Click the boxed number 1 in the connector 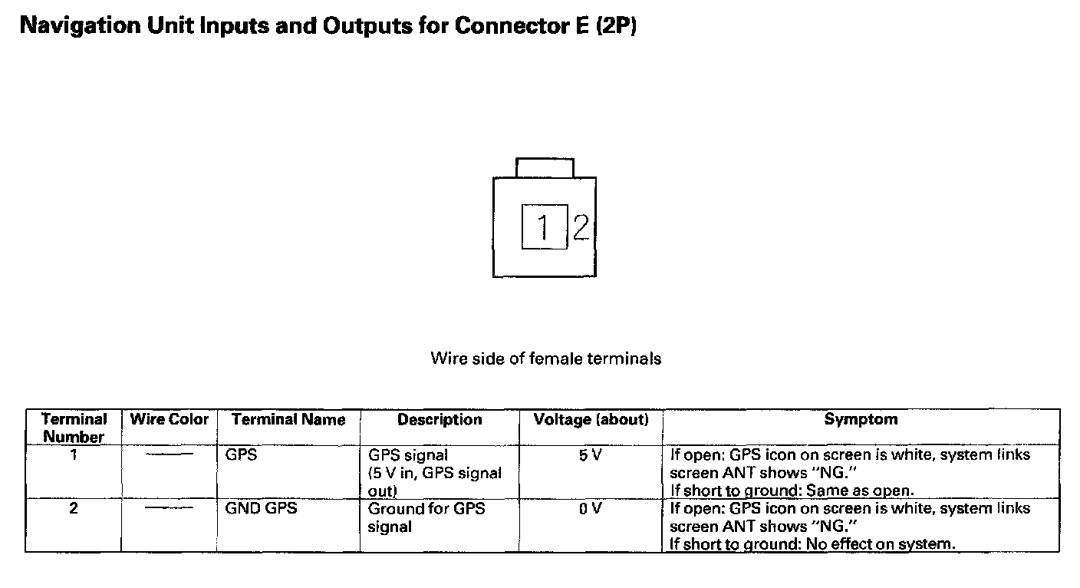tap(545, 226)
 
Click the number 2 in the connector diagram tap(581, 226)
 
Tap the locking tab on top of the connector tap(545, 167)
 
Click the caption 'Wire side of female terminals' tap(545, 358)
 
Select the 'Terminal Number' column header tap(74, 428)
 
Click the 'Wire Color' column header tap(170, 419)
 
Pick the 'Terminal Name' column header tap(288, 419)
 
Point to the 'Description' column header tap(440, 419)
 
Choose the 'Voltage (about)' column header tap(591, 419)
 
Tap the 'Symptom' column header tap(861, 419)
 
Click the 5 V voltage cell tap(590, 455)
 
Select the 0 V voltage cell tap(590, 509)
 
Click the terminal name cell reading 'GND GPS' tap(261, 509)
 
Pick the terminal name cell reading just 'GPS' tap(241, 455)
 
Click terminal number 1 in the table tap(74, 455)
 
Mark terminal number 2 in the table tap(74, 509)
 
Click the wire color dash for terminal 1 tap(170, 455)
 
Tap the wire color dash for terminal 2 tap(170, 509)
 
